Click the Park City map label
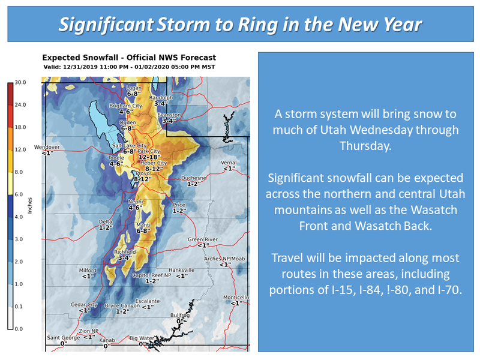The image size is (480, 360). (x=149, y=151)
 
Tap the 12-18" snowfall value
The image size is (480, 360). (x=149, y=157)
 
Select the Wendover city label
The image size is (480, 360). (x=47, y=147)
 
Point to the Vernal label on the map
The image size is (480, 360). (x=229, y=163)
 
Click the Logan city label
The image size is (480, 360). (x=134, y=88)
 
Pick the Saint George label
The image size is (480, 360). (x=64, y=338)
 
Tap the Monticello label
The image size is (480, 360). (x=236, y=297)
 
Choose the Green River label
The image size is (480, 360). (x=203, y=239)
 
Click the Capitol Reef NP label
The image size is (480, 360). (x=152, y=275)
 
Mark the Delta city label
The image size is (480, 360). (x=106, y=221)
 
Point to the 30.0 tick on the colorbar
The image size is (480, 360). (x=20, y=82)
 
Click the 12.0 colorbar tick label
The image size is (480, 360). (x=20, y=149)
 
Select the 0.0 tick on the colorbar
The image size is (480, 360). (x=19, y=329)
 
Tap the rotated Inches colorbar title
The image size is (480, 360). (x=29, y=205)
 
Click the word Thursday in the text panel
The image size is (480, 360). (x=365, y=146)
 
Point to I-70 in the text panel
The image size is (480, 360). (x=449, y=290)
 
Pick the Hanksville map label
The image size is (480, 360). (x=182, y=270)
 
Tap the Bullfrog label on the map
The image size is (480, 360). (x=180, y=316)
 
